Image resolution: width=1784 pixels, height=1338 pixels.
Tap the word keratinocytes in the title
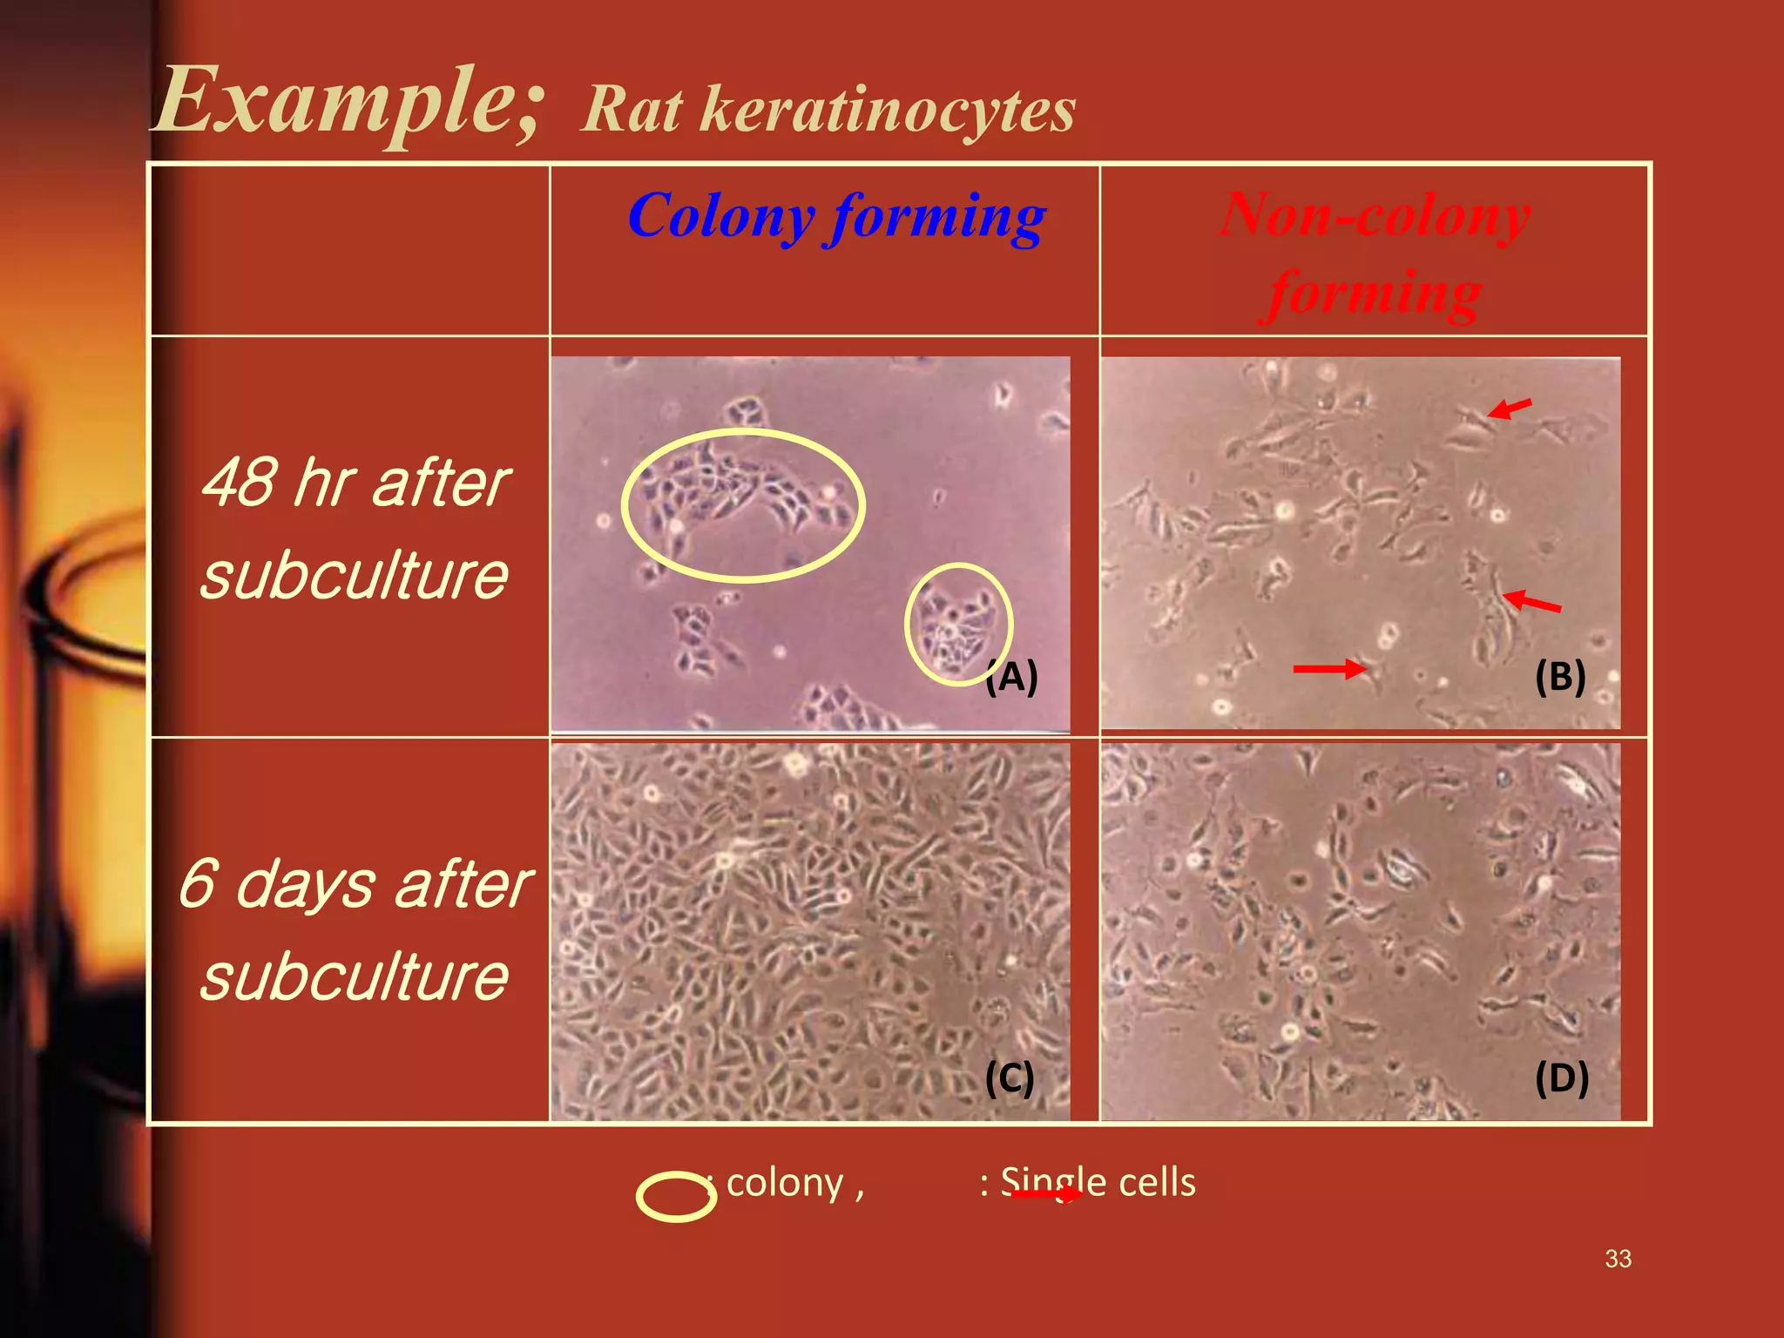tap(889, 111)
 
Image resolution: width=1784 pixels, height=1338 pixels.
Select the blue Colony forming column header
tap(836, 216)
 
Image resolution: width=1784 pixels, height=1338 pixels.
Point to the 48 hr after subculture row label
tap(355, 529)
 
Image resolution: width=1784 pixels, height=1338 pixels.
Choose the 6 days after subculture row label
tap(355, 929)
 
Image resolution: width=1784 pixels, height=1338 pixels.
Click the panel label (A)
tap(1011, 676)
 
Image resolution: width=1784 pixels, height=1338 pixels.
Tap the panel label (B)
tap(1560, 676)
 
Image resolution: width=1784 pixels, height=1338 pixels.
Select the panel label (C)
tap(1010, 1078)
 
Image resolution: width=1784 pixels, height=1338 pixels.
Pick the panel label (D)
tap(1562, 1078)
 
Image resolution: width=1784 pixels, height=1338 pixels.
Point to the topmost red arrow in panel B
tap(1509, 408)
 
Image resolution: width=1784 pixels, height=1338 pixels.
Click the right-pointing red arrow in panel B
tap(1328, 669)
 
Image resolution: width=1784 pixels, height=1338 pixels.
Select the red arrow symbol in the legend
tap(1045, 1194)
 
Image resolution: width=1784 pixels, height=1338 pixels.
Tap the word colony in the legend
tap(785, 1183)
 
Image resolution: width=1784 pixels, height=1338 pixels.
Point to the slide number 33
tap(1618, 1259)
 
